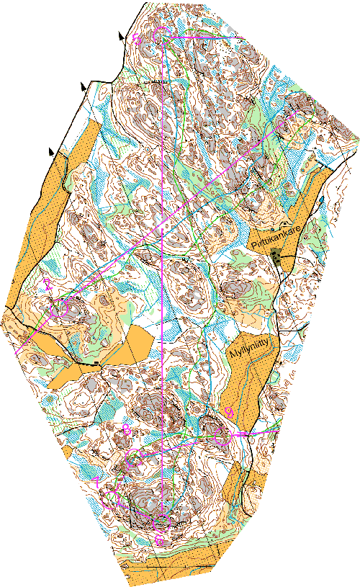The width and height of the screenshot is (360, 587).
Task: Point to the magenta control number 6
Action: click(158, 539)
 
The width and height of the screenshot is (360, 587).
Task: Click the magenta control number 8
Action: click(127, 430)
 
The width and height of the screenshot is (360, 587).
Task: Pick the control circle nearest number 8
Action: click(135, 455)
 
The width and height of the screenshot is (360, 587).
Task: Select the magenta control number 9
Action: click(228, 411)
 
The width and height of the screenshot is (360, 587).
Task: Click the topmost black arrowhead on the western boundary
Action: click(120, 34)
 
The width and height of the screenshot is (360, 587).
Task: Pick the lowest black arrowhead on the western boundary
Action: click(50, 151)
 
